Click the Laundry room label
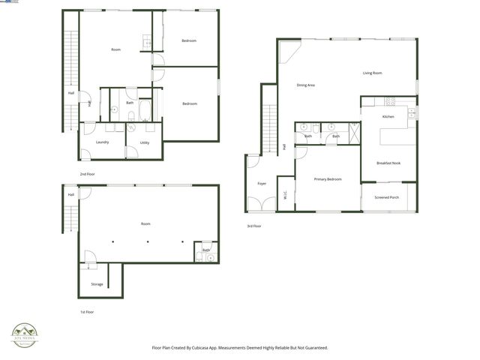pos(103,142)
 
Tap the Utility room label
pos(145,142)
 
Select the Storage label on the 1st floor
pos(97,284)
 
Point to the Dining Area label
pos(305,85)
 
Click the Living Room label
pos(373,73)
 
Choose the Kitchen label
pos(388,117)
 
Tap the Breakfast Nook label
pos(388,163)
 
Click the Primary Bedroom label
pos(328,178)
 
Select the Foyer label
pos(262,183)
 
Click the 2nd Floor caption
pos(88,173)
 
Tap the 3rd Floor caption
pos(254,226)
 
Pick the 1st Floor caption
pos(87,311)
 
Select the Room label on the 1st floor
pos(145,223)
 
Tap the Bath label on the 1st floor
pos(205,250)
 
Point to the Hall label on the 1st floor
pos(70,195)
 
